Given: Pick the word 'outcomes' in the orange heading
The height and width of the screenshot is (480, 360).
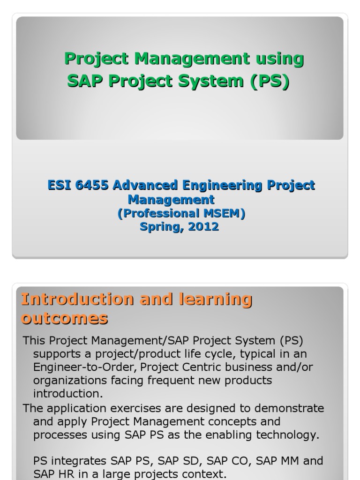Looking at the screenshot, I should click(64, 318).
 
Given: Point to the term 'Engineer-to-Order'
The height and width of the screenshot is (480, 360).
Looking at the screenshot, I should click(83, 367).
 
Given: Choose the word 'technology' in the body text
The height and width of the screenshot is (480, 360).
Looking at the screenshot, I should click(289, 435).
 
